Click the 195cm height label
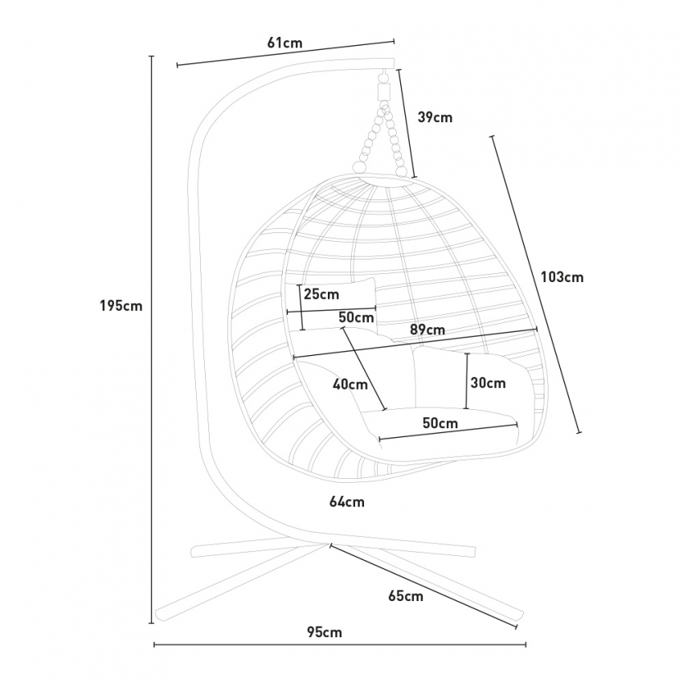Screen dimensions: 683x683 tap(121, 306)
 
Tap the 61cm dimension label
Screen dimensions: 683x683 tap(284, 43)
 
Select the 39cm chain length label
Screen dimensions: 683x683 tap(436, 117)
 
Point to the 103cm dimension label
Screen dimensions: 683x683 tap(562, 277)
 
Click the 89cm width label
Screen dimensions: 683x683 tap(427, 329)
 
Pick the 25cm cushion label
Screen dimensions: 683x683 tap(321, 294)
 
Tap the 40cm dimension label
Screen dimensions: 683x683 tap(350, 385)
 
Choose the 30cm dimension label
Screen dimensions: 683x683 tap(489, 382)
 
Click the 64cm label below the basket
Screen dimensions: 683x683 tap(347, 501)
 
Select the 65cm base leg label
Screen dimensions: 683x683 tap(406, 596)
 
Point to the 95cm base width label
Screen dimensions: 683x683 tap(325, 632)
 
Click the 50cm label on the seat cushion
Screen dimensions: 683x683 tap(440, 423)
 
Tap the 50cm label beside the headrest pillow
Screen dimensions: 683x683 tap(356, 317)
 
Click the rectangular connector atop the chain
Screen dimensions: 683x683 tap(384, 92)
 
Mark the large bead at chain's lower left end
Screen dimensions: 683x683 tap(359, 167)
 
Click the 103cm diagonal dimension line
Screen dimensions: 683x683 tap(536, 284)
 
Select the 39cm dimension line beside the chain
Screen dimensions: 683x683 tap(407, 123)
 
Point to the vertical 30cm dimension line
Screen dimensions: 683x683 tap(467, 381)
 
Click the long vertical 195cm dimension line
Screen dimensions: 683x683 tap(152, 340)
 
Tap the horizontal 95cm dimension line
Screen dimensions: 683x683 tap(340, 644)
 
